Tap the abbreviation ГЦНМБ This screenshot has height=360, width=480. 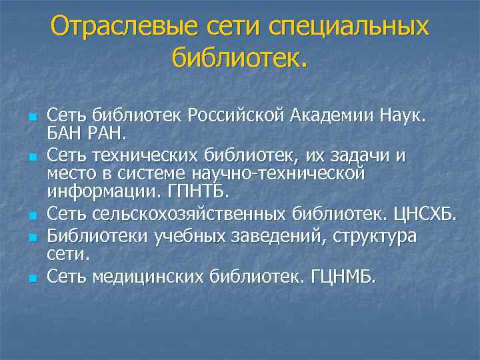(x=343, y=275)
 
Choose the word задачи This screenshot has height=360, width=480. (x=361, y=157)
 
